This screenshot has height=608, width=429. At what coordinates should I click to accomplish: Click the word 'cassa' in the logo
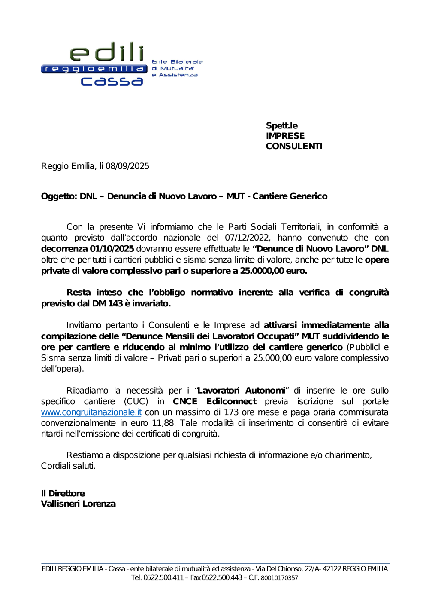point(112,81)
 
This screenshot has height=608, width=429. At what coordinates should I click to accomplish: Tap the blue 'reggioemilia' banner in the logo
point(94,69)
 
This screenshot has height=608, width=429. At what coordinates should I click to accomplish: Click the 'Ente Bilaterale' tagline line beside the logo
point(177,62)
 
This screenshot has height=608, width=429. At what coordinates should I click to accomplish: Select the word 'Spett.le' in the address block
point(281,125)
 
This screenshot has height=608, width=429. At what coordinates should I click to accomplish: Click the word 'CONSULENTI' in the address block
point(294,146)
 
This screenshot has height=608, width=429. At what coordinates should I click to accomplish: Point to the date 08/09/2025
point(127,166)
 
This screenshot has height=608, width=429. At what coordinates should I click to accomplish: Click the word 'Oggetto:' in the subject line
point(59,196)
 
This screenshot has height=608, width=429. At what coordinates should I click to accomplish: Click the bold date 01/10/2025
point(112,249)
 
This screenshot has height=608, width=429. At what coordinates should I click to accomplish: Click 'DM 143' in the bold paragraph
point(107,303)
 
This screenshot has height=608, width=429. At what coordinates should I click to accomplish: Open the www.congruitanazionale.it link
point(91,412)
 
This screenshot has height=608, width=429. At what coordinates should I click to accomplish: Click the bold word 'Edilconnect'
point(231,401)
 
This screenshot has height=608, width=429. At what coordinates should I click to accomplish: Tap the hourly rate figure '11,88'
point(163,423)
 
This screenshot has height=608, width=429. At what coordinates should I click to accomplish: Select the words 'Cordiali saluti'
point(68,466)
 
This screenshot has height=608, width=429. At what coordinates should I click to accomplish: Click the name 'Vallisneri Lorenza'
point(78,504)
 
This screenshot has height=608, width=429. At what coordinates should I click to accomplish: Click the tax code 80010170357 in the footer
point(279,578)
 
